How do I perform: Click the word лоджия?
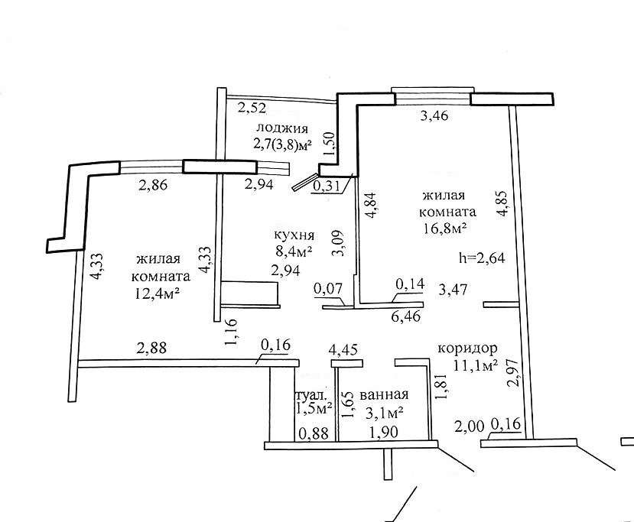[282, 128]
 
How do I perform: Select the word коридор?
[467, 348]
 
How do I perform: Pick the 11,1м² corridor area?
[476, 365]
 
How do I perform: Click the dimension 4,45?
[342, 351]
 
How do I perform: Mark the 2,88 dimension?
[151, 349]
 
